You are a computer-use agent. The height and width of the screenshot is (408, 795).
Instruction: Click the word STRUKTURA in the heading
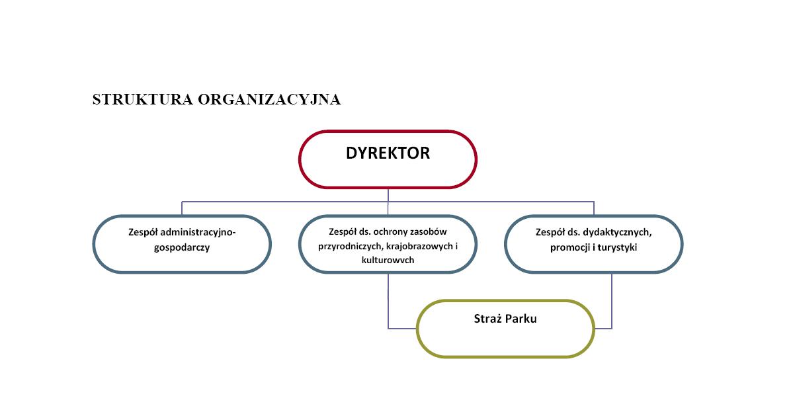(143, 99)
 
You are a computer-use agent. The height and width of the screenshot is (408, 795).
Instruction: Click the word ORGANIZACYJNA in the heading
(269, 99)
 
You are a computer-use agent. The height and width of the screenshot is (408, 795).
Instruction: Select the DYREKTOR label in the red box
(388, 153)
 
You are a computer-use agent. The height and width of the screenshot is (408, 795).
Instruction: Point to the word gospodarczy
(182, 247)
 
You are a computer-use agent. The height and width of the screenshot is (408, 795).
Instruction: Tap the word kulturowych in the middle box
(388, 260)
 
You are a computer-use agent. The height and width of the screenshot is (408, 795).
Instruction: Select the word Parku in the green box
(521, 319)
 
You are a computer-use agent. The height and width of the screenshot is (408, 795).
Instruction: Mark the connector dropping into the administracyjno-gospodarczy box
(182, 208)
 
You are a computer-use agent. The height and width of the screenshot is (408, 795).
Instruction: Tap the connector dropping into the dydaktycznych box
(594, 208)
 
